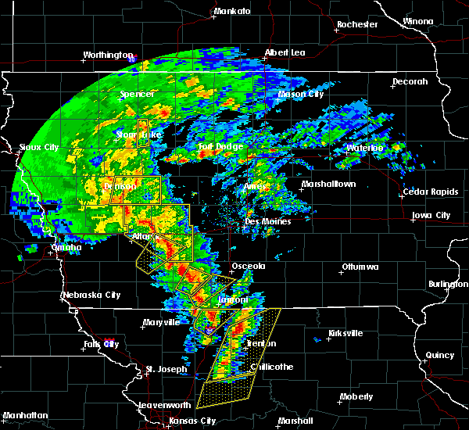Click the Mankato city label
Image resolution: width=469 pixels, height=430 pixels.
(x=232, y=11)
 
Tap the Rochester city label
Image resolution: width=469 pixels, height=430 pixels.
(x=357, y=24)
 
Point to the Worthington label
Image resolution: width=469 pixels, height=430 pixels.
(x=108, y=55)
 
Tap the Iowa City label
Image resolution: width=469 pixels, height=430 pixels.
(x=431, y=215)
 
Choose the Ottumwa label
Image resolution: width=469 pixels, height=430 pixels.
(x=360, y=267)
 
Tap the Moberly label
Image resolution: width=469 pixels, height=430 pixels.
(x=356, y=397)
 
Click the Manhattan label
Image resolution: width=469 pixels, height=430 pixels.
(x=24, y=415)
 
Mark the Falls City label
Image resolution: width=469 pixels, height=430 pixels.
(x=102, y=344)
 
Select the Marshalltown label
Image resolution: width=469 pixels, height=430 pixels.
(x=328, y=185)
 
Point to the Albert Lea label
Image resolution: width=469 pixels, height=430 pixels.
(x=285, y=52)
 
